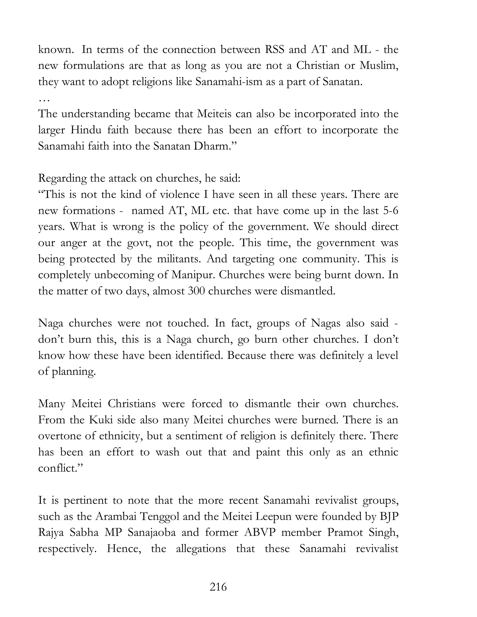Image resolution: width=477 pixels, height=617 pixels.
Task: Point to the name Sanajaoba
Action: pyautogui.click(x=151, y=532)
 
